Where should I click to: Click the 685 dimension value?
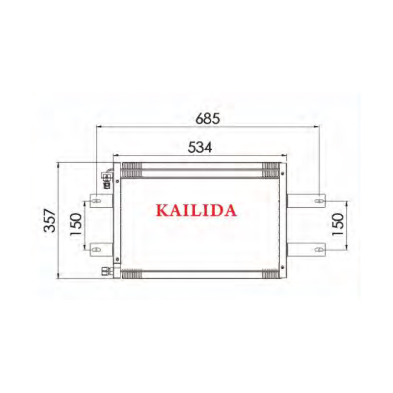click(206, 118)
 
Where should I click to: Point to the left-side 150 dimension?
click(76, 225)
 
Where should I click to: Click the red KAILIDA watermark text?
click(196, 210)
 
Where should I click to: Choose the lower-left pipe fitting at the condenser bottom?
click(106, 271)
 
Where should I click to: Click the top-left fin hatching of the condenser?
click(131, 170)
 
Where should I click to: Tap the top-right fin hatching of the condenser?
click(270, 170)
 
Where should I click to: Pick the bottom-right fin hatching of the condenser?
click(270, 274)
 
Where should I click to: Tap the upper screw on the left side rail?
click(117, 181)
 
